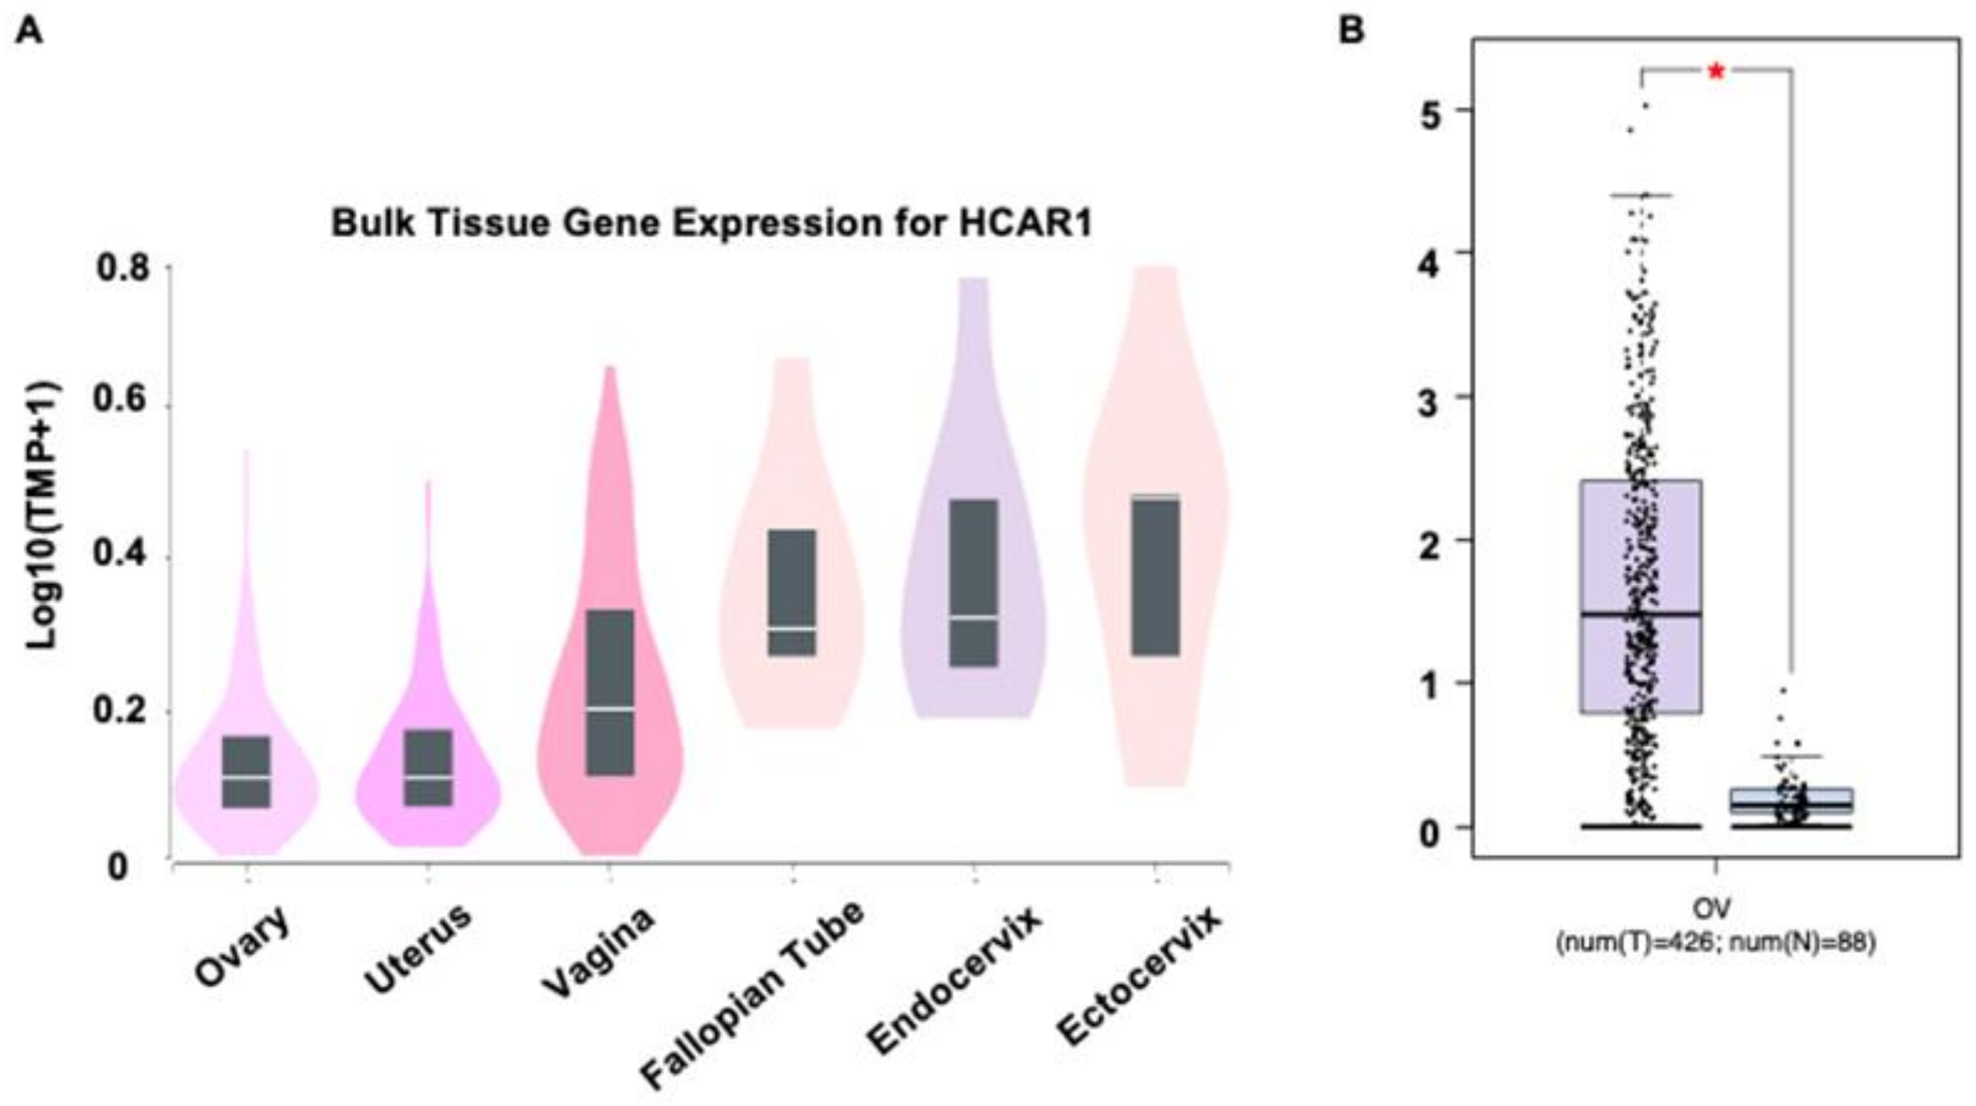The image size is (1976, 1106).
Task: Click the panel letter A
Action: coord(29,32)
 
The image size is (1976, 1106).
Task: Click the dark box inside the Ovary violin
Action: coord(246,772)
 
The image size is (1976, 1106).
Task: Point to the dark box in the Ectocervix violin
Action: coord(1156,575)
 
